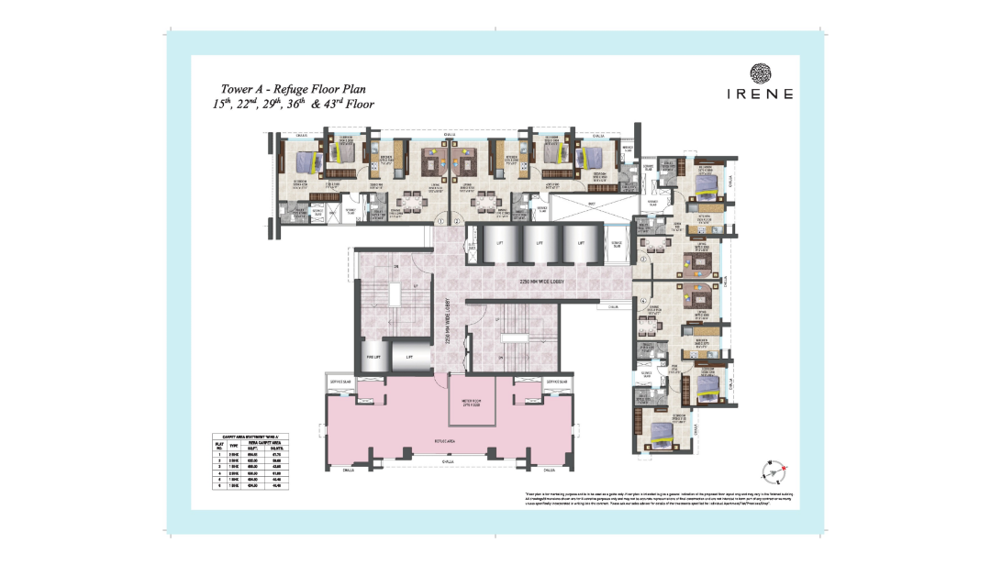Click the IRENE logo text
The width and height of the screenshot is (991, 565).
(x=761, y=93)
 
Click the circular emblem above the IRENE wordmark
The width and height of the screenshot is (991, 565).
(x=761, y=73)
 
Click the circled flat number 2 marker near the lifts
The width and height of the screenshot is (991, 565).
(x=645, y=260)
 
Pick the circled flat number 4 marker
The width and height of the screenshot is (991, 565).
(x=645, y=303)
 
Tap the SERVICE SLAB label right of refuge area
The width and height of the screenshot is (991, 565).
(x=557, y=381)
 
